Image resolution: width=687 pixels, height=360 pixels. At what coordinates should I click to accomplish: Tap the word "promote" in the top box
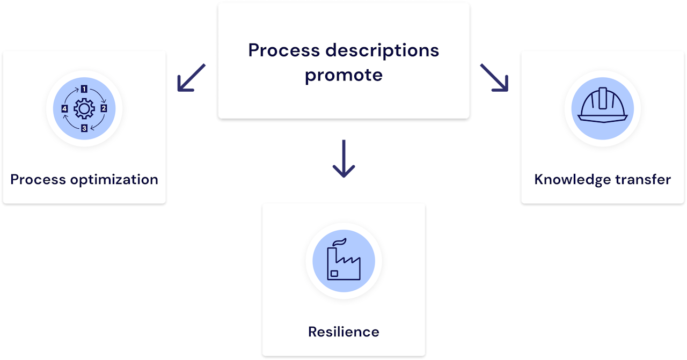point(343,75)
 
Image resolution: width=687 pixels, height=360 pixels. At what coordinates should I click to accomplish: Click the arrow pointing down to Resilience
point(343,159)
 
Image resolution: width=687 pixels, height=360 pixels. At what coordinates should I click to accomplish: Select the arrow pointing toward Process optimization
point(191,77)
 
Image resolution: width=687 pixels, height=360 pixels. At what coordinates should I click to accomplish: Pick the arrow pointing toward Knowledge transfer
point(494,77)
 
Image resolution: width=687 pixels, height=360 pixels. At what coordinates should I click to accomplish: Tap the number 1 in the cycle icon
point(84,89)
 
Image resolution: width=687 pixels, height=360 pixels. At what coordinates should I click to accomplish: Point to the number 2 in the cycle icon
point(104,108)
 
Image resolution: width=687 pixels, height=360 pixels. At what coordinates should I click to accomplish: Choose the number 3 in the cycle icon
point(84,128)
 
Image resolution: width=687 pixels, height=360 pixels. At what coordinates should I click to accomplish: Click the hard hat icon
point(602,106)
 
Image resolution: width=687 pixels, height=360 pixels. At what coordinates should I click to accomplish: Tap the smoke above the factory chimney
point(339,241)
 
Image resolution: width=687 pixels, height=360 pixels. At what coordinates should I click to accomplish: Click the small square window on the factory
point(334,274)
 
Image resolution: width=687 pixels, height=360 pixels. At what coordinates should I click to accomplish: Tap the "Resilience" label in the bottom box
point(343,332)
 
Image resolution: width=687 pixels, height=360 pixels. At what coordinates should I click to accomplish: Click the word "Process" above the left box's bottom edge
point(38,179)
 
